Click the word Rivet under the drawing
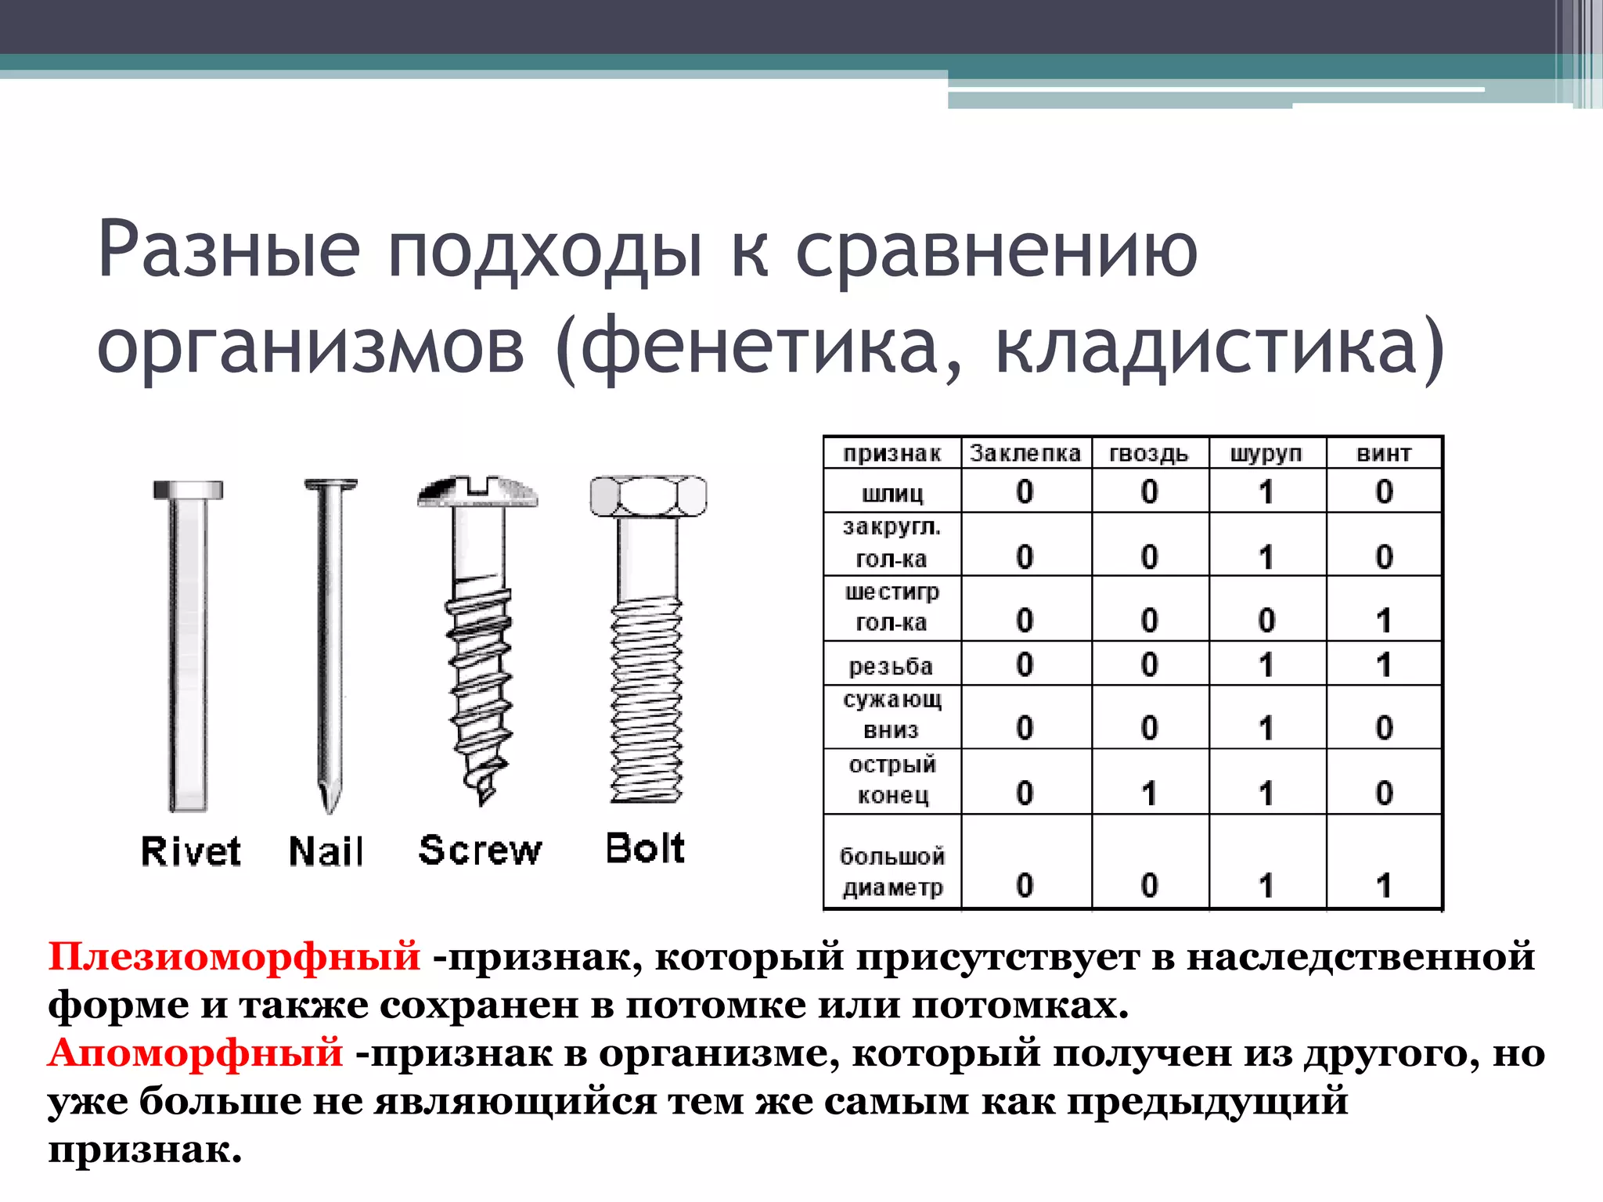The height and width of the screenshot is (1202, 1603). coord(190,851)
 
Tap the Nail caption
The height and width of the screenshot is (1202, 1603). coord(326,851)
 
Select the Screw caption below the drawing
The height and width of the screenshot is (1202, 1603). coord(480,851)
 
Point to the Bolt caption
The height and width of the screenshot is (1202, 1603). coord(645,848)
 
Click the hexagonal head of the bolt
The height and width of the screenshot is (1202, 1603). coord(648,496)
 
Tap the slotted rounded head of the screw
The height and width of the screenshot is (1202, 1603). coord(477,491)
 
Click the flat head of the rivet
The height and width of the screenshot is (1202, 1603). coord(188,491)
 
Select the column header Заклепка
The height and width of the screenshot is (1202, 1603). coord(1025,454)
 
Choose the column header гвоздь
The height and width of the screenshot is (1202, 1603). coord(1148,454)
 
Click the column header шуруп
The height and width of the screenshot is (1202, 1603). coord(1266,454)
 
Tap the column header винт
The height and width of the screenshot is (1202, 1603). coord(1384,454)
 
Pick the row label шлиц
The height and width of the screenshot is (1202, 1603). coord(892,494)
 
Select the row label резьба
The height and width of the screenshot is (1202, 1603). coord(891,666)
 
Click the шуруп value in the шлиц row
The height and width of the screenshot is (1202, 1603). coord(1266,492)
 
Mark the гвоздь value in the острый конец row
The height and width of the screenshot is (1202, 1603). coord(1148,794)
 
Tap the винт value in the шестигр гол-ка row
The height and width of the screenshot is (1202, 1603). coord(1384,621)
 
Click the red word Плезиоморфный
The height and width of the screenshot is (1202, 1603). coord(234,956)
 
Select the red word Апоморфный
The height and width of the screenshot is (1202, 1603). coord(196,1053)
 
